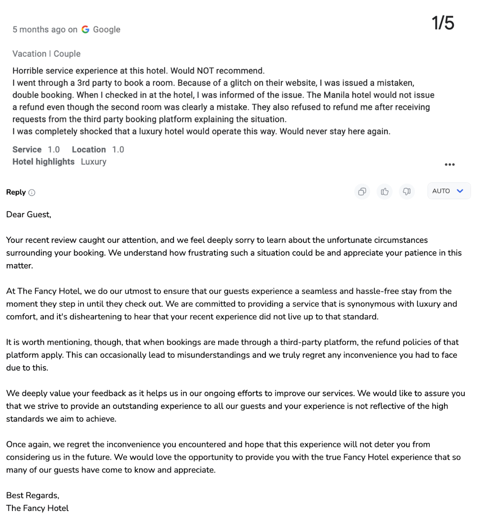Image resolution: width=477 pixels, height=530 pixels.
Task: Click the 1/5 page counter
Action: [443, 23]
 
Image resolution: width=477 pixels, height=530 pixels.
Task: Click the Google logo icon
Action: [85, 30]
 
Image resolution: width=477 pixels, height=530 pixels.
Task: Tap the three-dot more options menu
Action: [450, 164]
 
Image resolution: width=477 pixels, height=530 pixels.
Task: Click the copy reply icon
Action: [362, 191]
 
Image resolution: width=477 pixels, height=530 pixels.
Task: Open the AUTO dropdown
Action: [449, 191]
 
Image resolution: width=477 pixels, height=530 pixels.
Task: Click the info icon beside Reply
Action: [32, 193]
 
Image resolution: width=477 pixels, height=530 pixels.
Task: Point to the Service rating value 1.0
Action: [53, 150]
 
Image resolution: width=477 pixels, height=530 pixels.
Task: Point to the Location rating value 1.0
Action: [118, 150]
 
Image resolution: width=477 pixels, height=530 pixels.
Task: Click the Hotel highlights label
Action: [43, 162]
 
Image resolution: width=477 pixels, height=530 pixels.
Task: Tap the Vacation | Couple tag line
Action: [46, 54]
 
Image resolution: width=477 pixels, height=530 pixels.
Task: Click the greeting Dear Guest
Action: [29, 215]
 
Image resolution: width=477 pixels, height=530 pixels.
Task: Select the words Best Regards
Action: [32, 495]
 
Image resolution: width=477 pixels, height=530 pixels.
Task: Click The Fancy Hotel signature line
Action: [38, 508]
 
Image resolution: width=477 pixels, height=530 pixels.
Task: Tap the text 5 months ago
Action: [39, 30]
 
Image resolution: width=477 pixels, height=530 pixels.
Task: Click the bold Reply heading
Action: [16, 192]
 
